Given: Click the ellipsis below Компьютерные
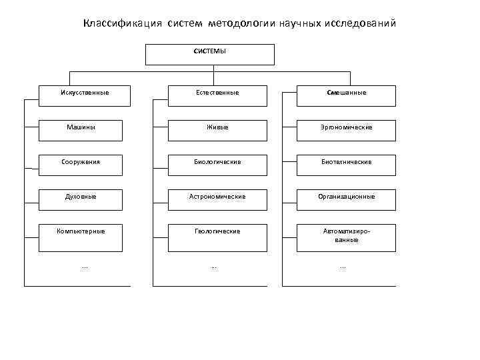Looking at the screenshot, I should tap(84, 267).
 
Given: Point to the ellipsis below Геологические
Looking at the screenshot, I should tap(213, 267).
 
